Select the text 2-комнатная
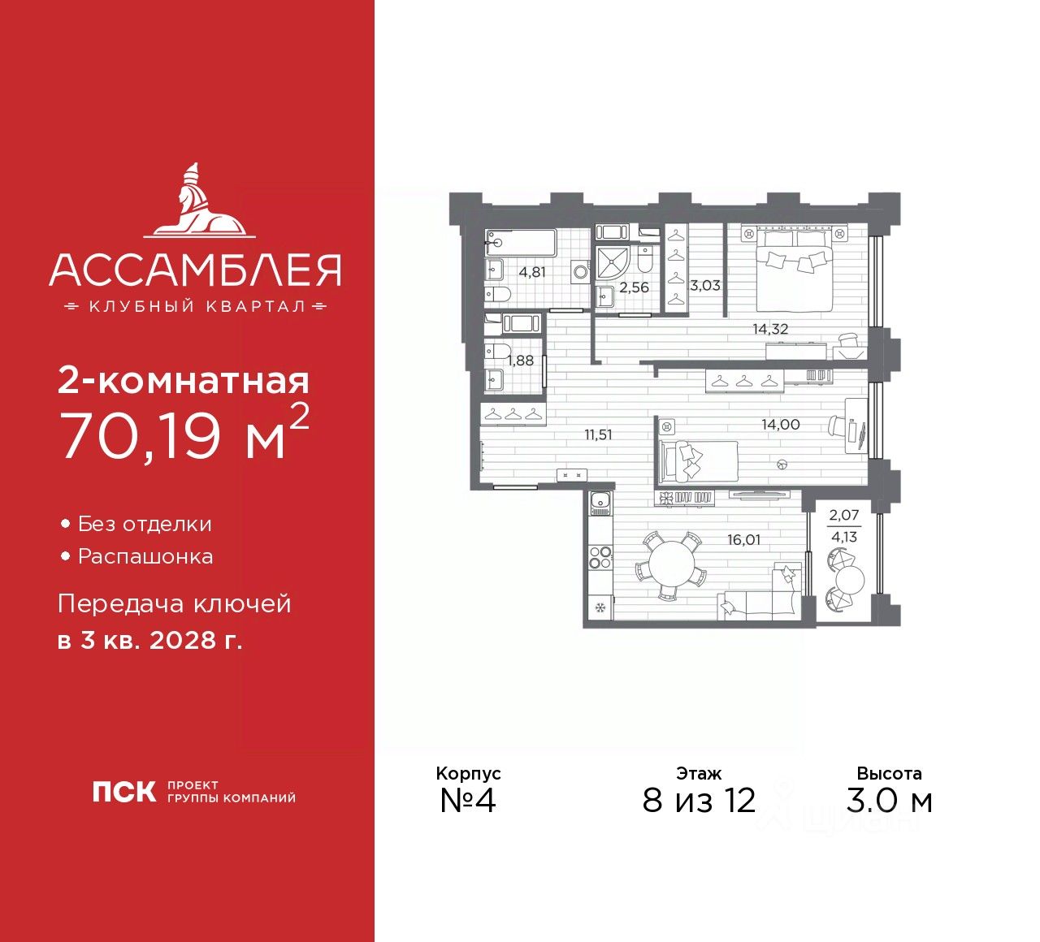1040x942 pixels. (184, 380)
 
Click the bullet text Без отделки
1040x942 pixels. (145, 525)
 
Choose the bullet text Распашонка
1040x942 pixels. (145, 557)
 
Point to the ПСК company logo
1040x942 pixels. (123, 792)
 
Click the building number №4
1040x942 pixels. (467, 800)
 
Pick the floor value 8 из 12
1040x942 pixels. (699, 801)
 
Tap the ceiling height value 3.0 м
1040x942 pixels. (889, 801)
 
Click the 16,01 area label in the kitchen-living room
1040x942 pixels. (743, 539)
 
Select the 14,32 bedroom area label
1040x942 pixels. (769, 329)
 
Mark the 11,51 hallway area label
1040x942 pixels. (598, 435)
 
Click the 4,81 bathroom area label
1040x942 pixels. (532, 272)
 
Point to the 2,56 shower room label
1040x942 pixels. (634, 287)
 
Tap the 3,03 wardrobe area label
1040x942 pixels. (705, 285)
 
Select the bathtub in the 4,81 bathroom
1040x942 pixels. (521, 241)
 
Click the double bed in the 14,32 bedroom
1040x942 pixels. (794, 268)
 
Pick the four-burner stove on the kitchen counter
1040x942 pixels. (600, 557)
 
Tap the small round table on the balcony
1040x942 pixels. (851, 580)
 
